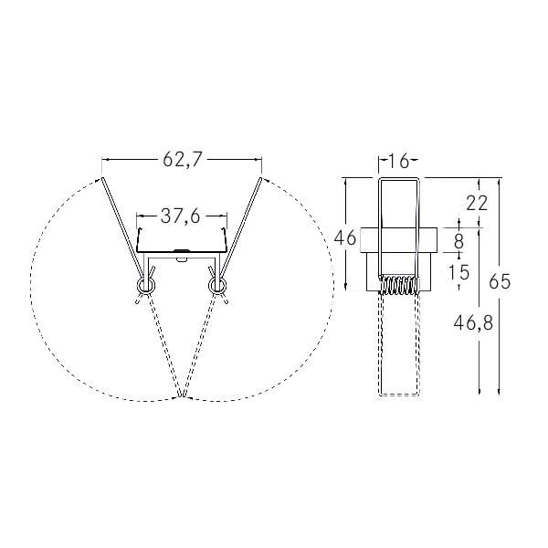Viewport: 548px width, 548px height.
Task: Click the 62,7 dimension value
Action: click(x=182, y=160)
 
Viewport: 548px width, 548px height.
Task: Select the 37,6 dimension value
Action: click(x=181, y=216)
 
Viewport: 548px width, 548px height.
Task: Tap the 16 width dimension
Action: click(x=397, y=162)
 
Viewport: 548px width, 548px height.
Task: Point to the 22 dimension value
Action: click(x=477, y=203)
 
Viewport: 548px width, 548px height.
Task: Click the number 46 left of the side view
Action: click(x=345, y=238)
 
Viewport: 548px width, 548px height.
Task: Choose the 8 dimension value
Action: click(x=458, y=241)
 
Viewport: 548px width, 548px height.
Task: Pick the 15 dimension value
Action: click(x=458, y=271)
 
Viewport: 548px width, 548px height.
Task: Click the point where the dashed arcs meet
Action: click(x=182, y=398)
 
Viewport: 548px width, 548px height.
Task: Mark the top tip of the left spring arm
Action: click(x=103, y=179)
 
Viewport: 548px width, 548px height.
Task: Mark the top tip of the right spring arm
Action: click(x=260, y=178)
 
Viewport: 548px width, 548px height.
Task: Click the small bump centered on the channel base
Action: click(x=182, y=249)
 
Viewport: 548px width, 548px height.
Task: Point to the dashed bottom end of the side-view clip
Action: click(x=398, y=395)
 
